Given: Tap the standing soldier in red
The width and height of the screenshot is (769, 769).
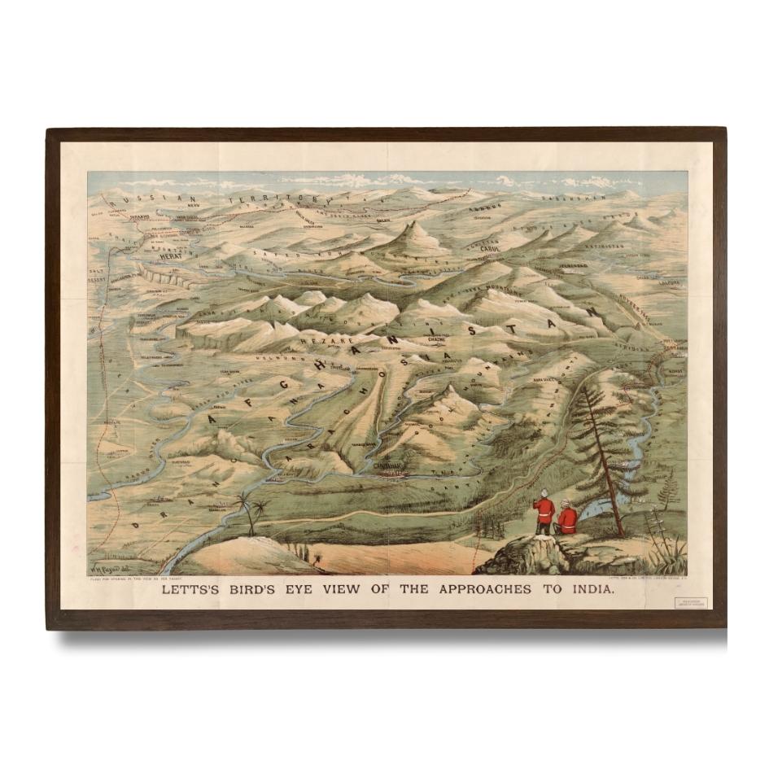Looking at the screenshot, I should (x=543, y=513).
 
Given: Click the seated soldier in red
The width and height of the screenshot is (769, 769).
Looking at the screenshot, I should (x=567, y=521).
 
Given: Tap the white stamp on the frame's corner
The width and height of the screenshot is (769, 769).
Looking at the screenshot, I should (x=689, y=603).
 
